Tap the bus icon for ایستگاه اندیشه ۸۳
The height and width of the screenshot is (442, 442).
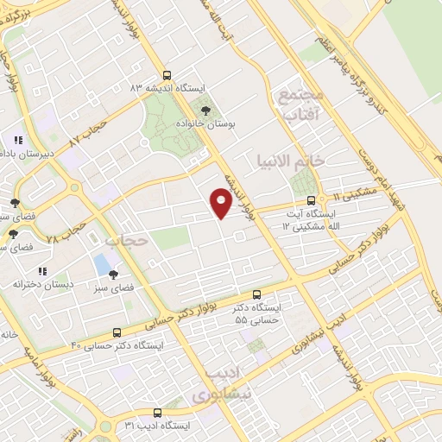click(x=168, y=75)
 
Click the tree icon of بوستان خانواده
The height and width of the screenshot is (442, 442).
click(x=205, y=110)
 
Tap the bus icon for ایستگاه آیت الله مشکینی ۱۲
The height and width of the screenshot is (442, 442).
click(x=311, y=200)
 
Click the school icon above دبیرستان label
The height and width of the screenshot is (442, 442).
click(x=18, y=139)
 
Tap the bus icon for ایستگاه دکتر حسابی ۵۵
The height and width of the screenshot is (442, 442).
click(x=256, y=294)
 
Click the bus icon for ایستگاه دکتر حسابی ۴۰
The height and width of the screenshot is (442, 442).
click(x=117, y=331)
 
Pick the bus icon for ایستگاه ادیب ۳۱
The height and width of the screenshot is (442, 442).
click(x=157, y=413)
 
